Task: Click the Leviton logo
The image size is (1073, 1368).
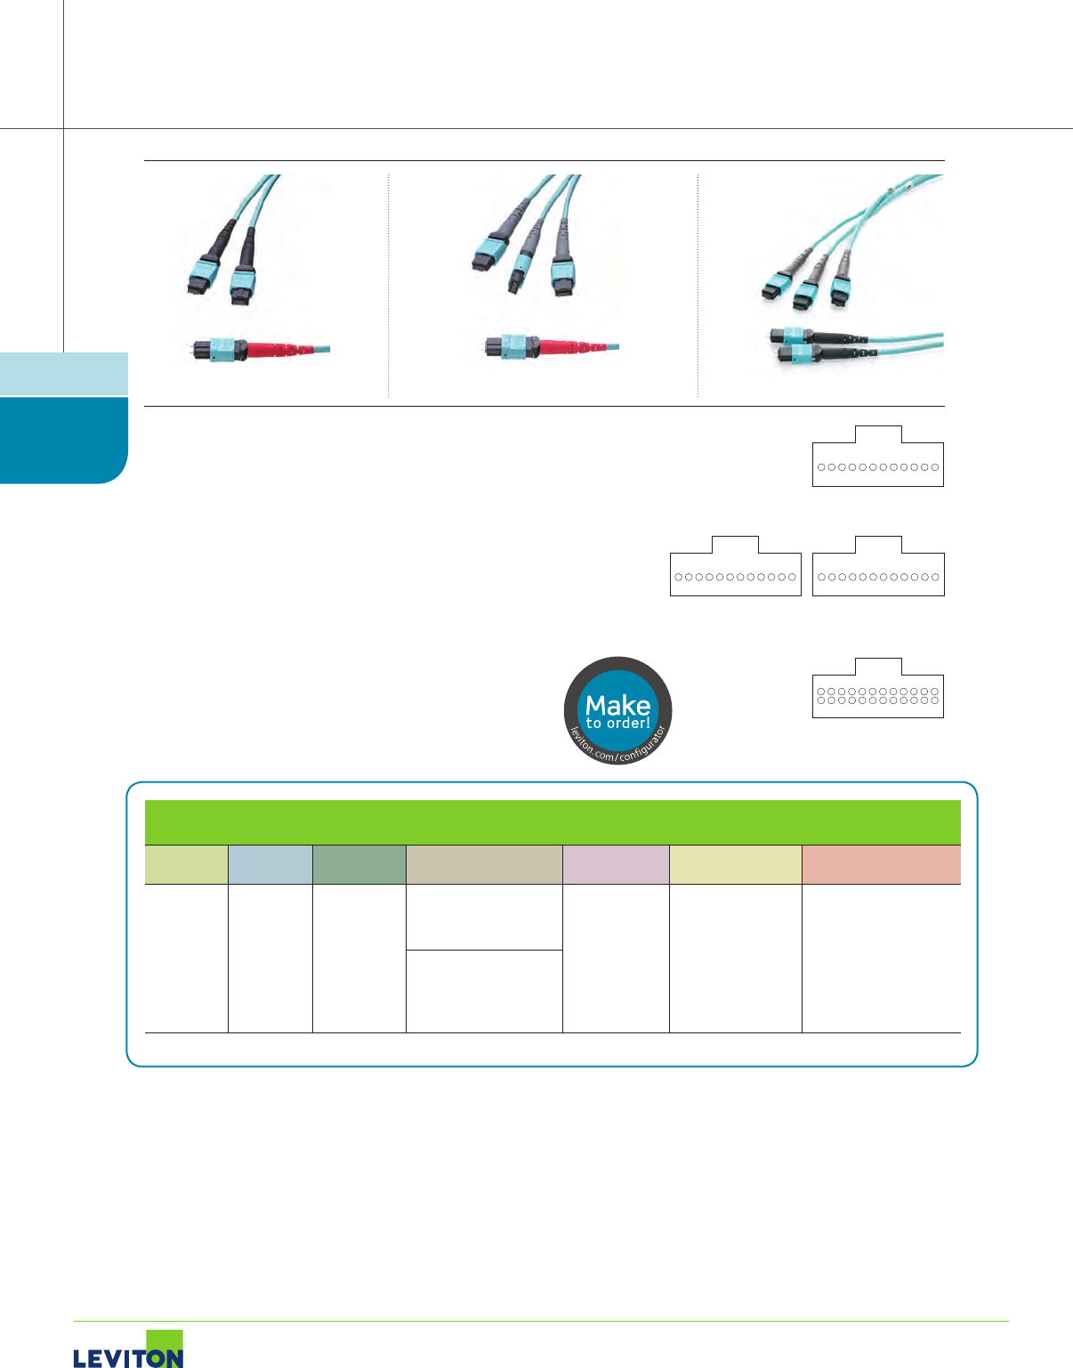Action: coord(129,1351)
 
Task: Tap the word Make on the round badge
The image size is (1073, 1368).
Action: coord(617,705)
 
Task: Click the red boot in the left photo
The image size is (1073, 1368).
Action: coord(273,348)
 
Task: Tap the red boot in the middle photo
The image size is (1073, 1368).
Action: coord(563,345)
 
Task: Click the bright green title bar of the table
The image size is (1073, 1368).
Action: coord(553,822)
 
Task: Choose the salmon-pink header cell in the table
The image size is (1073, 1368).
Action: coord(881,864)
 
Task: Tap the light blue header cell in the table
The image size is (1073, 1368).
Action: coord(270,864)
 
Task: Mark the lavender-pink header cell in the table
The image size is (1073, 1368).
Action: coord(615,864)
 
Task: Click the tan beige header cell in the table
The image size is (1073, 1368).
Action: coord(483,864)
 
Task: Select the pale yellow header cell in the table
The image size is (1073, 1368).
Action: coord(735,864)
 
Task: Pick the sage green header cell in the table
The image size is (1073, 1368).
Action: coord(359,864)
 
